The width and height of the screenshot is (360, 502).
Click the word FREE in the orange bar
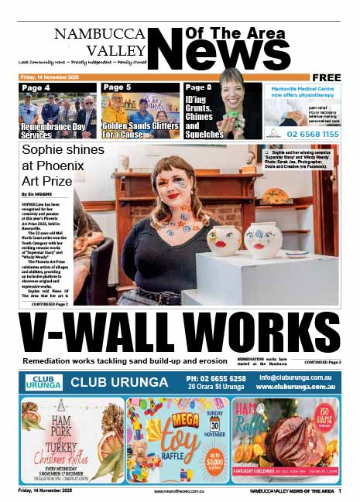(x=326, y=77)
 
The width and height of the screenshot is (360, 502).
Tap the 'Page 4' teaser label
(x=36, y=87)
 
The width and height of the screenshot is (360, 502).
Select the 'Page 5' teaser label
(x=118, y=87)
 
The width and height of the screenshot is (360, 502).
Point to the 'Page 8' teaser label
(x=199, y=87)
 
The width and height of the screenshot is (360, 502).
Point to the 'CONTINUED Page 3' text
(x=322, y=362)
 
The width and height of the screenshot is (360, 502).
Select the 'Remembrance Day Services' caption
(x=48, y=129)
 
